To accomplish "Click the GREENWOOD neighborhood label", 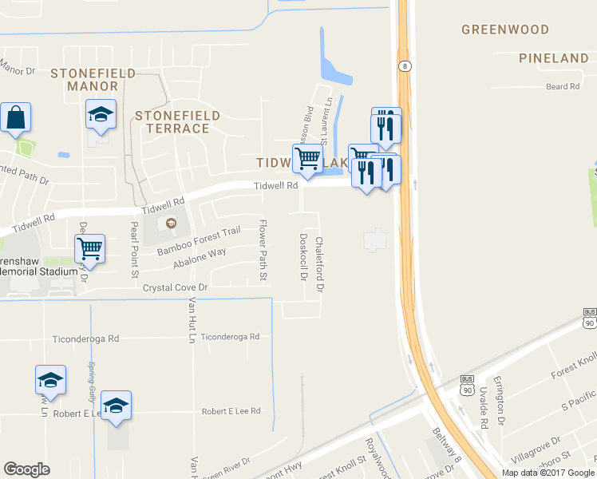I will (x=505, y=30).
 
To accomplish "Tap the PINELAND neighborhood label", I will (x=553, y=58).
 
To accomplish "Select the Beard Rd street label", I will (x=563, y=86).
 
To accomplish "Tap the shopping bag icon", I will (x=15, y=118).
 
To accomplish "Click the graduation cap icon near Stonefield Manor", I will (x=101, y=115).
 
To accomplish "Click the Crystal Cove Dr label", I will (x=175, y=287).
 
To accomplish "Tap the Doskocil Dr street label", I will (x=302, y=255).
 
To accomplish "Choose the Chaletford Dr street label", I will (x=320, y=262).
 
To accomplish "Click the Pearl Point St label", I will (x=134, y=251).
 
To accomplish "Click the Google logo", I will (x=26, y=469).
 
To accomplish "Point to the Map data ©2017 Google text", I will (x=548, y=473).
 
